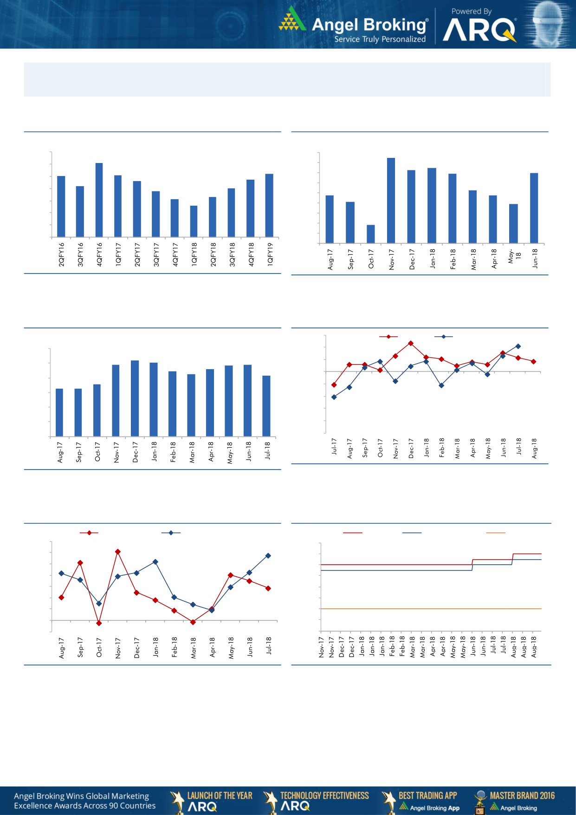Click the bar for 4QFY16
[x=99, y=200]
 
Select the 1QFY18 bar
[x=194, y=221]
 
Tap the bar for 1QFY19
[x=269, y=205]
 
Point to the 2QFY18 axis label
[x=214, y=254]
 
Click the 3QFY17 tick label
[x=156, y=254]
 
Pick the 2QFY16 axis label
[x=62, y=254]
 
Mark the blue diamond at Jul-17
[x=334, y=397]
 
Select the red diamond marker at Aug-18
[x=534, y=361]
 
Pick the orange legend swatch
[x=495, y=533]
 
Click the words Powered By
[x=471, y=11]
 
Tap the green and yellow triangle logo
[x=292, y=20]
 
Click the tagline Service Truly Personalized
[x=380, y=39]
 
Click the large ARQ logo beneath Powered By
[x=479, y=30]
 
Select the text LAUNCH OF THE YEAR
[x=220, y=795]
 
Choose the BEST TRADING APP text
[x=427, y=795]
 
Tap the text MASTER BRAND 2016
[x=522, y=795]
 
